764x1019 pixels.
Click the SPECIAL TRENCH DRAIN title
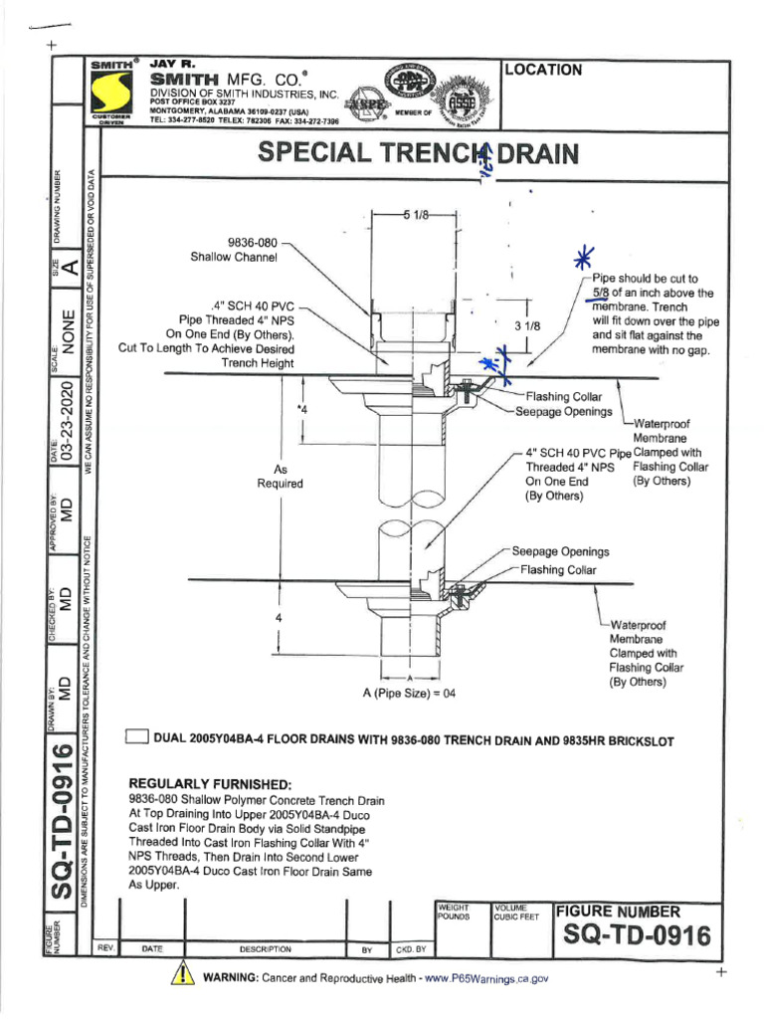click(418, 154)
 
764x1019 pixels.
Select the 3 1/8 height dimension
click(526, 325)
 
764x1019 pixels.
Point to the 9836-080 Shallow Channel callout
click(235, 249)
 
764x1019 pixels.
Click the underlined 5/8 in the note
click(600, 294)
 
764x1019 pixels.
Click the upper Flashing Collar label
click(570, 396)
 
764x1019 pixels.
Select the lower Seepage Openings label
click(560, 551)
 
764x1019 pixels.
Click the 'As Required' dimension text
click(281, 476)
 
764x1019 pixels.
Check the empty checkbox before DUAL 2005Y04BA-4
click(136, 737)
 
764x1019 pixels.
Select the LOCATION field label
click(544, 70)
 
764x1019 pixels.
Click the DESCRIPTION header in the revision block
click(266, 949)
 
